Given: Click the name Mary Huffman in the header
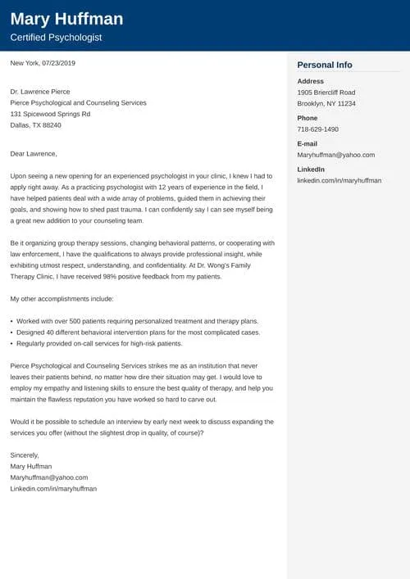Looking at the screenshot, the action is coord(66,19).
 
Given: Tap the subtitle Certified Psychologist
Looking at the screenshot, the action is coord(56,38).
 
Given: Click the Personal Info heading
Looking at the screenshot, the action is coord(325,65).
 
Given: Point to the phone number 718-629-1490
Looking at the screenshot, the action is coord(317,129).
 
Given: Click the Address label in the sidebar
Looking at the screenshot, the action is coord(310,82).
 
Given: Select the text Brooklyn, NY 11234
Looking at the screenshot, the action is coord(326,104).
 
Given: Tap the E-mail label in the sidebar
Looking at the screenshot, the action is coord(308,143).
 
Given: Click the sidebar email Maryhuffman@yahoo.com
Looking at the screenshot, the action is coord(335,155).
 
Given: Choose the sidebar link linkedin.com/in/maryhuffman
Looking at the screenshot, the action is coord(339,180).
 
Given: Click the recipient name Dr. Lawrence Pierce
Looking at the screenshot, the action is coord(40,92).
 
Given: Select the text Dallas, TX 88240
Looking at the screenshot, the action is coord(36,125).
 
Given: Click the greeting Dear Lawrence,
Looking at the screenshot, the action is coord(34,153).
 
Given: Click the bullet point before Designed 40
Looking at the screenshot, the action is coord(12,332).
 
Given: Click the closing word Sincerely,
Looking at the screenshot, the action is coord(25,455).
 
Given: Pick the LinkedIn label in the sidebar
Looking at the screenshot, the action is coord(310,169).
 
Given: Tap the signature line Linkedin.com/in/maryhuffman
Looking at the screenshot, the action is coord(53,488).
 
